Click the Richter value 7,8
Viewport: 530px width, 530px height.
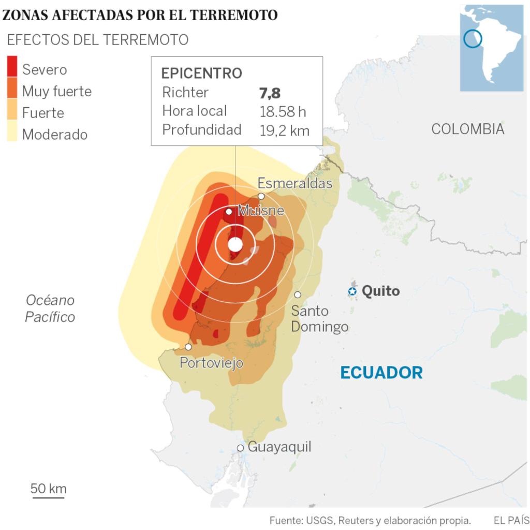tap(270, 93)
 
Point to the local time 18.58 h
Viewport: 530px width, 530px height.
tap(284, 111)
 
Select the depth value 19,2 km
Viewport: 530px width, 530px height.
tap(284, 130)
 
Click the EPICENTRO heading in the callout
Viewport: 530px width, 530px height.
tap(202, 73)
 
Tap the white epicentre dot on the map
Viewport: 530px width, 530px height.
tap(235, 244)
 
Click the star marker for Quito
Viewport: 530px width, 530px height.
tap(352, 291)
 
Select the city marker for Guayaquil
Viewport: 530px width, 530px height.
tap(240, 448)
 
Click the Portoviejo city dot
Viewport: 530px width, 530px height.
tap(188, 347)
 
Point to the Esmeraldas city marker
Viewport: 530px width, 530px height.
tap(261, 196)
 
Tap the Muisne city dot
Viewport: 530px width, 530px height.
tap(229, 211)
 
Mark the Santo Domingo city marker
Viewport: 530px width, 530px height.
tap(298, 295)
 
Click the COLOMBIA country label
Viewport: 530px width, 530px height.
tap(467, 129)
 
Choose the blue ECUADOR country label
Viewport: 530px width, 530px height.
tap(381, 372)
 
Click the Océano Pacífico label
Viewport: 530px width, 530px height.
tap(50, 308)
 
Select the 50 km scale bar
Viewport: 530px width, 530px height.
tap(49, 497)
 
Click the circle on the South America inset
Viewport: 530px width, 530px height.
tap(473, 38)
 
